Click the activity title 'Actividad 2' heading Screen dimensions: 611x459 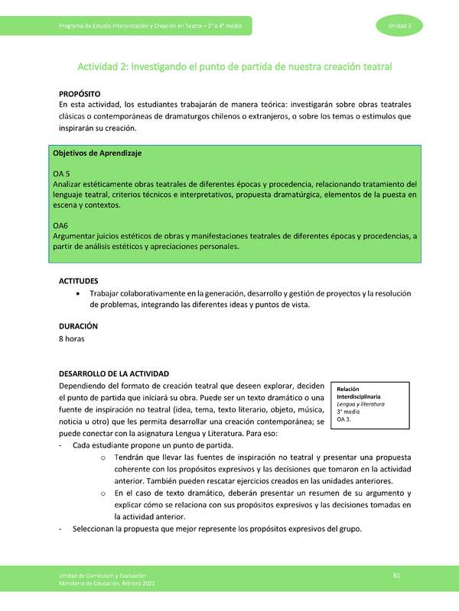pos(236,66)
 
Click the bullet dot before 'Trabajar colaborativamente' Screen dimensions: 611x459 pos(80,293)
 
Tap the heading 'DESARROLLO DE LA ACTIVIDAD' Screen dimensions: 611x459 pos(114,374)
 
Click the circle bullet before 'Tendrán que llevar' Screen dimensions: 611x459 pos(103,457)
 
